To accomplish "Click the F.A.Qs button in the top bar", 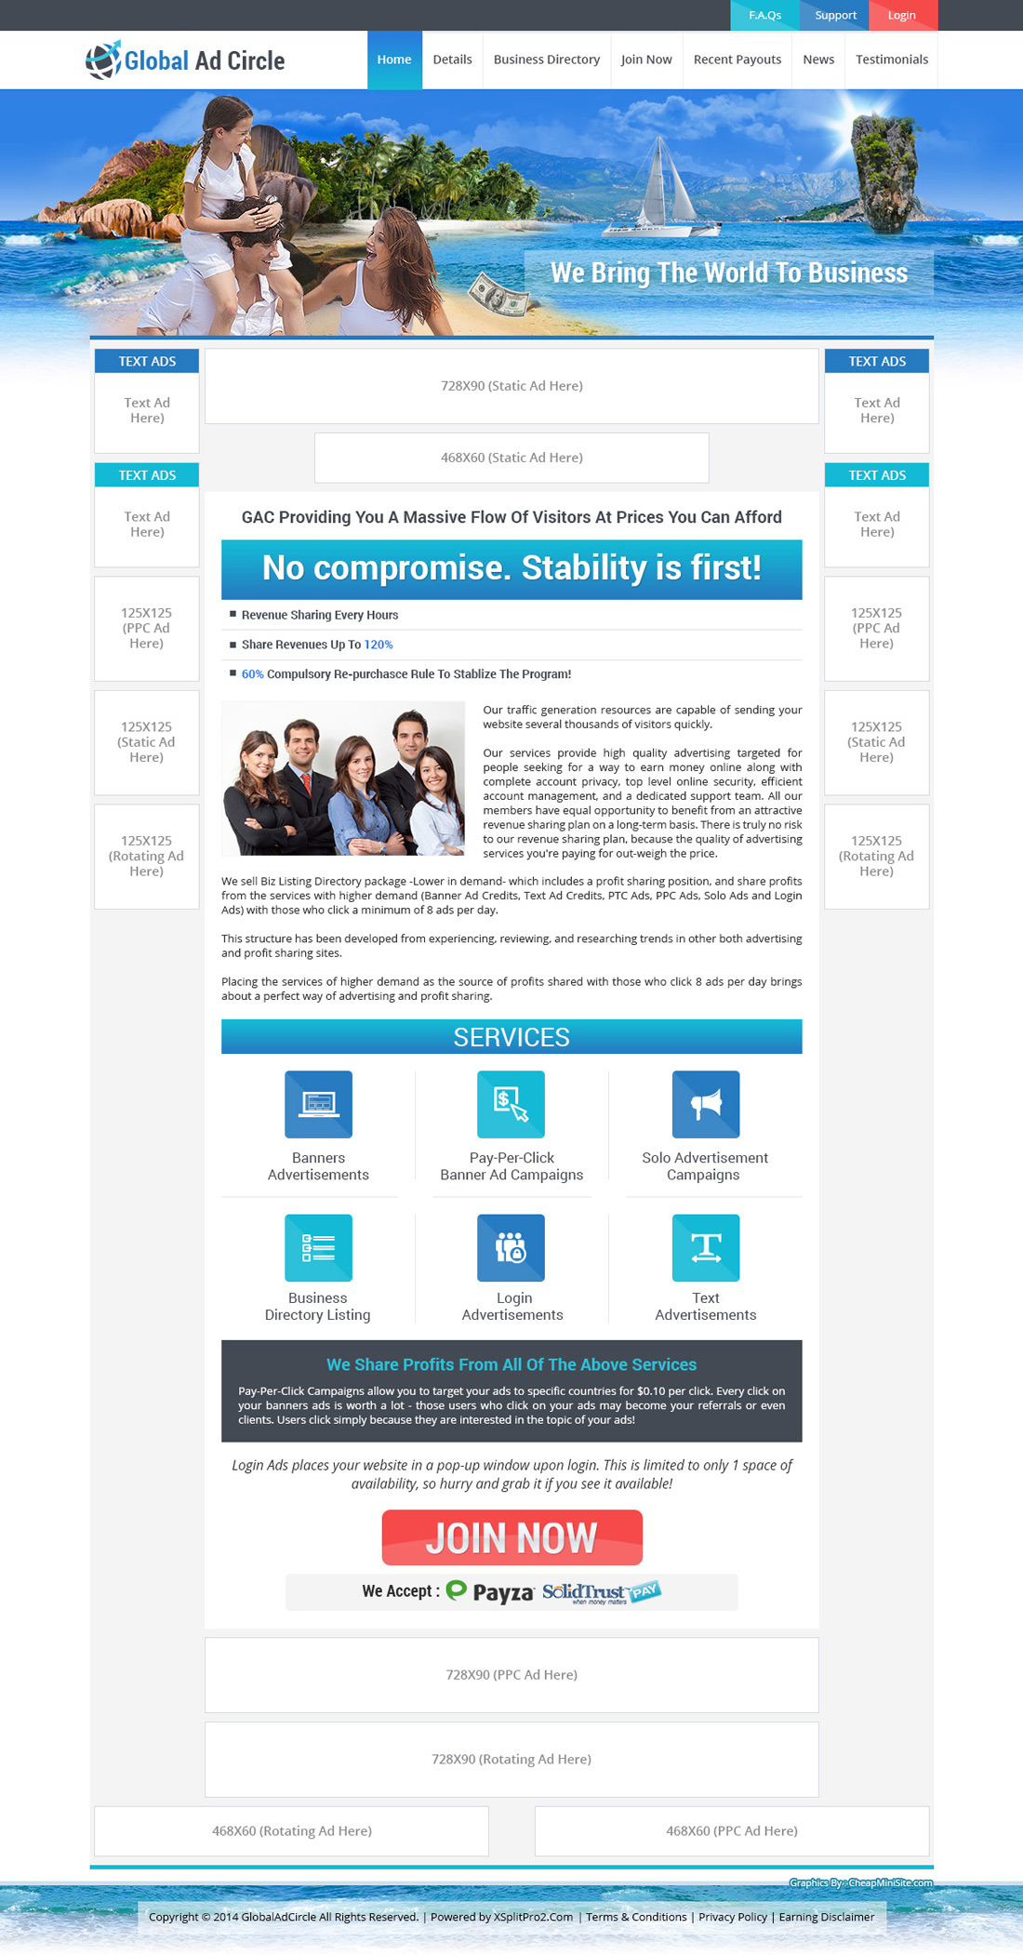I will click(x=764, y=15).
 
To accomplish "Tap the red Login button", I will click(x=901, y=15).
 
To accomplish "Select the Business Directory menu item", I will click(x=546, y=60).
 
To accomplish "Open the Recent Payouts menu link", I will click(x=737, y=60).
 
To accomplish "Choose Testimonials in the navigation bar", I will click(x=891, y=60).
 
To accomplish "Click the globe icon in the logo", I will click(x=103, y=60).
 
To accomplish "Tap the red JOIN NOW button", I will click(x=511, y=1537).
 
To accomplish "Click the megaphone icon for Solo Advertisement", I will click(x=706, y=1104).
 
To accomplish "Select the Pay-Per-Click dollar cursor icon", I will click(x=511, y=1104).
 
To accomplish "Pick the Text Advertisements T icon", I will click(x=706, y=1247).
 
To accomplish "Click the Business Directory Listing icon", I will click(x=318, y=1247).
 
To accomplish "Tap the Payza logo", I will click(x=491, y=1591).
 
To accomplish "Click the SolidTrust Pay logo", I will click(x=601, y=1591).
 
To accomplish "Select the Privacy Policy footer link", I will click(x=733, y=1917).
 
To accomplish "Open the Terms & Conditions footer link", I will click(x=636, y=1917).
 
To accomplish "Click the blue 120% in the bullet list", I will click(x=379, y=645).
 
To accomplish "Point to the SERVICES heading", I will click(x=511, y=1037).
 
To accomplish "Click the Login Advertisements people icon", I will click(x=511, y=1247).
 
